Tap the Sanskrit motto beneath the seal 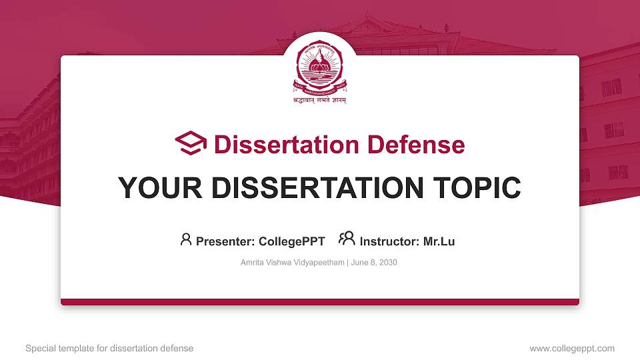pos(320,100)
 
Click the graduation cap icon pos(191,143)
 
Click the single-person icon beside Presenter pos(186,239)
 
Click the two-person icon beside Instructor pos(347,239)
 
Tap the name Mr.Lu pos(439,241)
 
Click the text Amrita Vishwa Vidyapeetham pos(292,263)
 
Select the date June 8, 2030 pos(373,263)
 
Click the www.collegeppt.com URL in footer pos(572,348)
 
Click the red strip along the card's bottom pos(320,302)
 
